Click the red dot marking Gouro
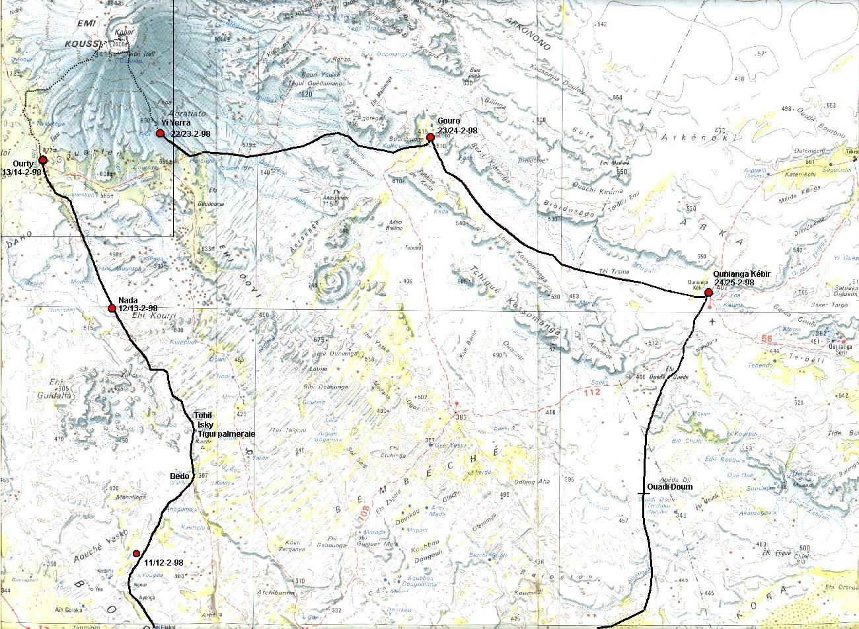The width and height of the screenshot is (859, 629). (430, 137)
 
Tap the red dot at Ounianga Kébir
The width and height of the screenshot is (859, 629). (708, 291)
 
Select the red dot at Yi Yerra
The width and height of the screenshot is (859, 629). (160, 133)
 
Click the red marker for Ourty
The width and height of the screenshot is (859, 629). (43, 160)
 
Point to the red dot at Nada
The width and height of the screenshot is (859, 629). (112, 308)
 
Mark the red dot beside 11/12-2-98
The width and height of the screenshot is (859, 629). (136, 553)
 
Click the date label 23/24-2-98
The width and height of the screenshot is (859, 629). (457, 131)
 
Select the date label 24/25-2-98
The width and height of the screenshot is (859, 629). (735, 283)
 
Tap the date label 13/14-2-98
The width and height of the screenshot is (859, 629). (22, 172)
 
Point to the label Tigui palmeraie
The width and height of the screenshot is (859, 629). (227, 433)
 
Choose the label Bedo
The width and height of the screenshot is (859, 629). (180, 476)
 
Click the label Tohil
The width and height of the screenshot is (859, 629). (204, 416)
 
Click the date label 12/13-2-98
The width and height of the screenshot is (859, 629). (137, 308)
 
